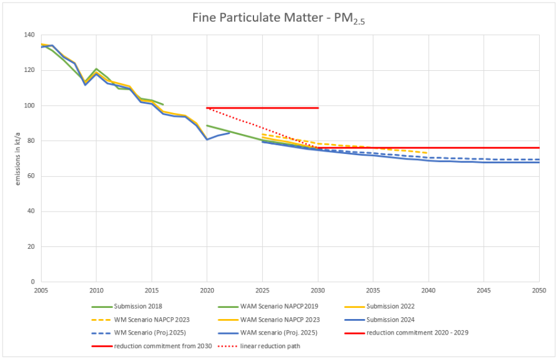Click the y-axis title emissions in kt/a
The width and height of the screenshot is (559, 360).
(18, 158)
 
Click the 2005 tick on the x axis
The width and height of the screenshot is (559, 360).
(41, 290)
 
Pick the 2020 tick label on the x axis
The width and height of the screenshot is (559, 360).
(207, 290)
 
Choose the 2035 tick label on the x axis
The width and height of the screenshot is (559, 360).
(373, 290)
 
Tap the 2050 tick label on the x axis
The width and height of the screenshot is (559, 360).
(539, 290)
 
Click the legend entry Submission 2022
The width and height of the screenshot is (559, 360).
(390, 306)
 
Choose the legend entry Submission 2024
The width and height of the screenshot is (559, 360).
(390, 319)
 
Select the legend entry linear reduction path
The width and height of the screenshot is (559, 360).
(270, 345)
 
